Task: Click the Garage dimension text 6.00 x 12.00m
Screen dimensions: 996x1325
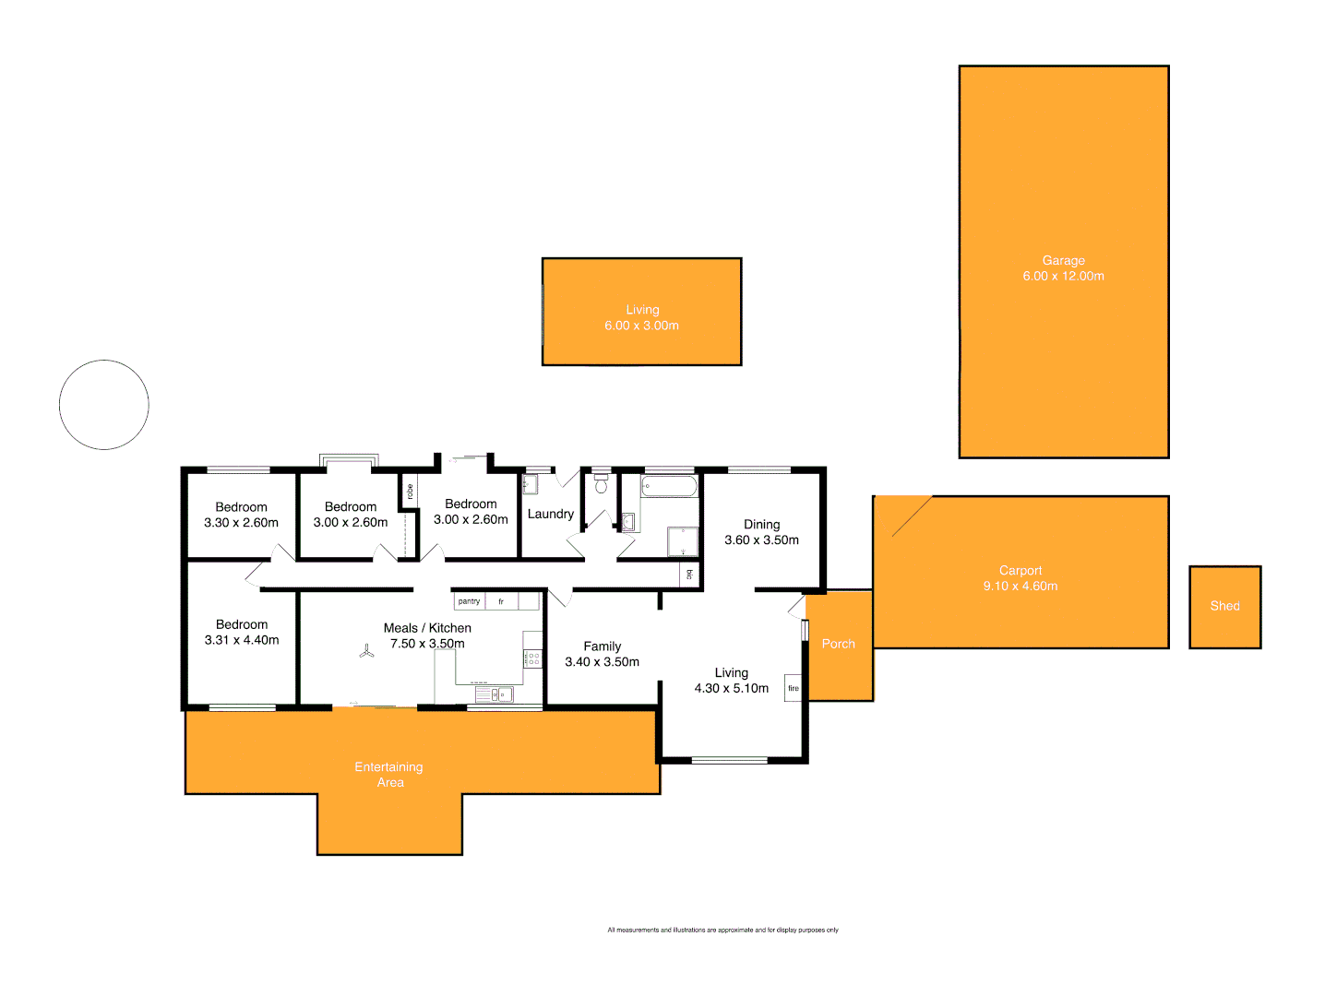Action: point(1063,276)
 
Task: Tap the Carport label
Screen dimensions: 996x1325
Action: point(1021,571)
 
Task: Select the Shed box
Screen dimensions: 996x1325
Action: point(1224,607)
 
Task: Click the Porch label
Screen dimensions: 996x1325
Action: point(839,644)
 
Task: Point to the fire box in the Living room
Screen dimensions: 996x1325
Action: point(794,688)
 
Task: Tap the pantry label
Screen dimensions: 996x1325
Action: point(469,601)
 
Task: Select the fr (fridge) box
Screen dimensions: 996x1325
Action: point(501,601)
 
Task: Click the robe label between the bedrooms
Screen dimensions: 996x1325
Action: point(410,492)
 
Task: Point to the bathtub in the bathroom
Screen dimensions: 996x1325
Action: point(669,486)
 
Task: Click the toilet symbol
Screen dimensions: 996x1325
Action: point(602,483)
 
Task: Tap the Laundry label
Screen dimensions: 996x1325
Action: point(551,514)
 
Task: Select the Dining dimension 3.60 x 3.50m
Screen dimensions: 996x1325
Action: point(761,540)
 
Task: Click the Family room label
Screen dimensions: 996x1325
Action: point(602,646)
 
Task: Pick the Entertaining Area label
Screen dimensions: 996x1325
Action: point(389,775)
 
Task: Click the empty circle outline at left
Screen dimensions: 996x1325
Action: point(104,405)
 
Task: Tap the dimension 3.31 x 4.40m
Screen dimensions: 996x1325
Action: point(242,640)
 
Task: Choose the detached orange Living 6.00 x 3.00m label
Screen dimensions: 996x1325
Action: point(642,317)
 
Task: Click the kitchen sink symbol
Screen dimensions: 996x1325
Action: point(495,694)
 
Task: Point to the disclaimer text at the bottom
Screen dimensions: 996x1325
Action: point(722,930)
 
